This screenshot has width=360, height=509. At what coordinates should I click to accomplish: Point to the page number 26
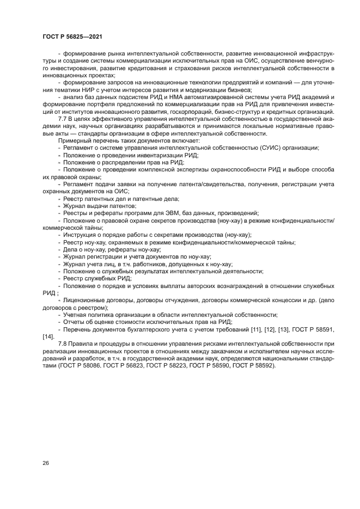(46, 463)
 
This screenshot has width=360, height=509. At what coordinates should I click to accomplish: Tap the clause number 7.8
(63, 344)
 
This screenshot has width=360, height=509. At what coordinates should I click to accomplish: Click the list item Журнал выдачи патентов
(99, 206)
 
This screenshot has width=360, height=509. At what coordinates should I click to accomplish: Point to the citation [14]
(48, 336)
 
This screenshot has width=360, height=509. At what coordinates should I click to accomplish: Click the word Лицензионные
(85, 300)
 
